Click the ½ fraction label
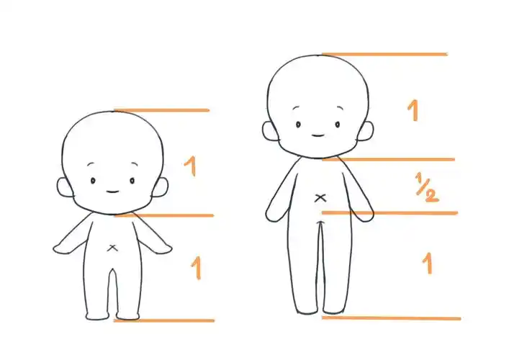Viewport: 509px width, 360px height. (x=427, y=188)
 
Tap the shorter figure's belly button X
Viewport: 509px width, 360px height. (x=112, y=248)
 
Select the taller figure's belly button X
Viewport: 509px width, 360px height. (x=320, y=198)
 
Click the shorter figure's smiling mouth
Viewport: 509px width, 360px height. (x=112, y=192)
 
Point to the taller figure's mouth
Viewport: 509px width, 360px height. (x=317, y=135)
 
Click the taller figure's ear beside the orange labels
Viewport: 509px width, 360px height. (x=366, y=131)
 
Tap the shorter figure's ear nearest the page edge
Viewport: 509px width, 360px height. (x=65, y=187)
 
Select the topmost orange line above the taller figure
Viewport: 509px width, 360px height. (x=384, y=54)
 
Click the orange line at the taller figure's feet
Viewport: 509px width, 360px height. (x=391, y=318)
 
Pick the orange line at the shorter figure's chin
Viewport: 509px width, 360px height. (x=164, y=215)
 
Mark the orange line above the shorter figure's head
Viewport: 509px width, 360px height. (x=162, y=110)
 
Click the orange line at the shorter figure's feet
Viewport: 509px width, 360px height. (x=164, y=320)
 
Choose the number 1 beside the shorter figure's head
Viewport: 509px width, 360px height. (x=191, y=166)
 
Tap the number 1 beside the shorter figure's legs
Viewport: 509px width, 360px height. (x=197, y=268)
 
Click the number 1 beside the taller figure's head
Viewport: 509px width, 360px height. (x=413, y=110)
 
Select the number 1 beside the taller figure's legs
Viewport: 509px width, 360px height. (x=428, y=264)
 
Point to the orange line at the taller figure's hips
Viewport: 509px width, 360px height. (x=389, y=213)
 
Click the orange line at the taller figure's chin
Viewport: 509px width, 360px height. (x=388, y=159)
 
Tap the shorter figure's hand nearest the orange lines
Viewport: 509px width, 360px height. (x=163, y=248)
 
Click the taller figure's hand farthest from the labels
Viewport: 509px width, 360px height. (x=274, y=215)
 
